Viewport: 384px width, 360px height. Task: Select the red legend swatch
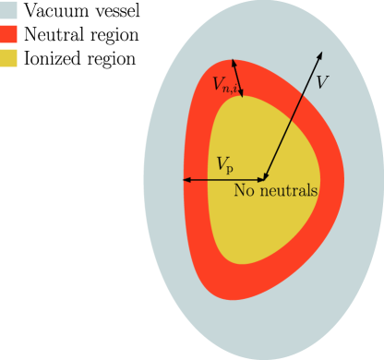click(x=9, y=34)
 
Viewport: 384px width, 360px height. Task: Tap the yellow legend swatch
click(x=9, y=57)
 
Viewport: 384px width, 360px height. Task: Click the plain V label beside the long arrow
click(x=322, y=81)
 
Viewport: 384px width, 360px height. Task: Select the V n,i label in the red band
click(x=226, y=86)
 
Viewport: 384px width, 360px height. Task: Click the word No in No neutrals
click(x=244, y=192)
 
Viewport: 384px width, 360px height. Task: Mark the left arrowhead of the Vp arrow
click(x=187, y=179)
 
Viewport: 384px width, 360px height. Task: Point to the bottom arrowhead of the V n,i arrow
click(x=242, y=90)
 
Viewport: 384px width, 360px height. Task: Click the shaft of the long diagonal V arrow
click(x=293, y=115)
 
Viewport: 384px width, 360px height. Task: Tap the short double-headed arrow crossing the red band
click(x=238, y=76)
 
